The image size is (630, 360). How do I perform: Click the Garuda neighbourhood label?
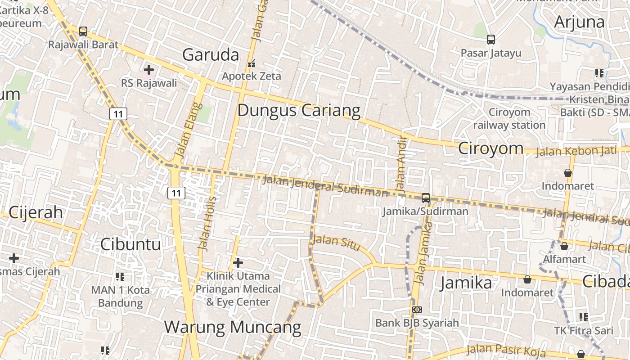pos(211,55)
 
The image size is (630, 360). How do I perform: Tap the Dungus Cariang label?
pos(299,110)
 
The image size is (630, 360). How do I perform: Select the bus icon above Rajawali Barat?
pos(83,31)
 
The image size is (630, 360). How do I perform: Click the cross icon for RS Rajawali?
pos(149,70)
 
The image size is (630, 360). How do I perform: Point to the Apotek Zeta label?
pos(252,76)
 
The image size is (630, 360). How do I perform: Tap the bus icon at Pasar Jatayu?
pos(491,40)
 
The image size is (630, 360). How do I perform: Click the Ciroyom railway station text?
pos(509,118)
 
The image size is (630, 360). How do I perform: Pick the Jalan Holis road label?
pos(207,223)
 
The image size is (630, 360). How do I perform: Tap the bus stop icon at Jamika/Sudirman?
pos(426,198)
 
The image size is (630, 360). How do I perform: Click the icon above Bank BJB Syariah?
pos(417,310)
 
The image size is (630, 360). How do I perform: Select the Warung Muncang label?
pos(232,327)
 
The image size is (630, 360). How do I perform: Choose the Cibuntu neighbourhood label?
pos(130,244)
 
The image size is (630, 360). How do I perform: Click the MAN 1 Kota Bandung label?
pos(120,297)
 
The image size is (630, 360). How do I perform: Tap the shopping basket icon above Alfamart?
pos(564,246)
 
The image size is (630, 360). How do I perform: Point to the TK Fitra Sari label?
pos(583,331)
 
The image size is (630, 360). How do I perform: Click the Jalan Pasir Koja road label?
pos(506,350)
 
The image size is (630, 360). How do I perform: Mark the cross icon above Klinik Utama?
pos(238,262)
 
